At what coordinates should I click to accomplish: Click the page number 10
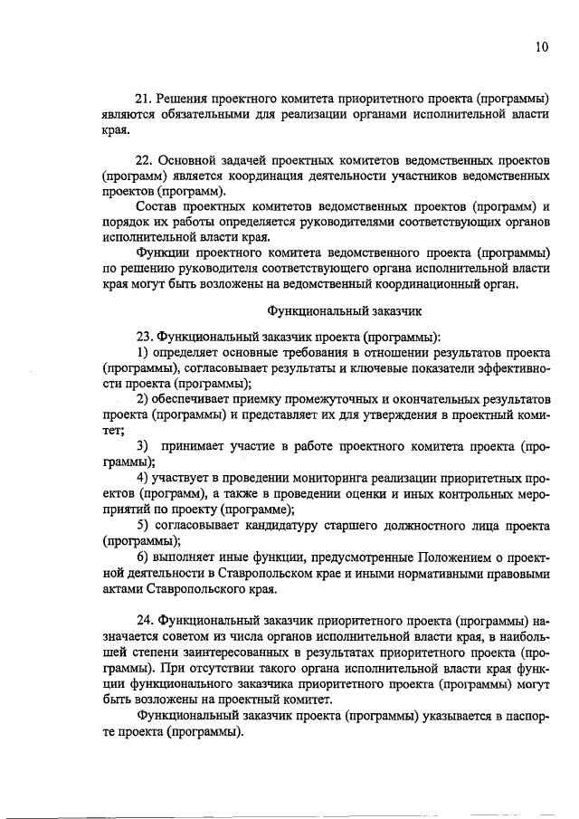tap(542, 48)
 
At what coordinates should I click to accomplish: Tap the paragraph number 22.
tap(143, 158)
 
